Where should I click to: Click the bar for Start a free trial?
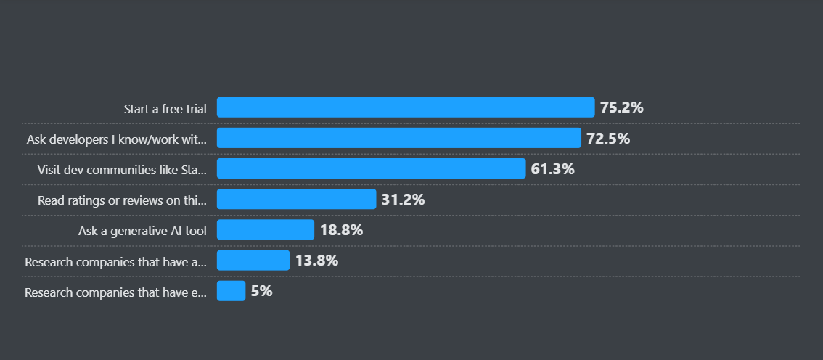point(406,107)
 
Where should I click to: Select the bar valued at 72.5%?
point(399,138)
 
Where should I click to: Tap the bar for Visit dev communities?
point(371,169)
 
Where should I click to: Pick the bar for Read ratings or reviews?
point(296,200)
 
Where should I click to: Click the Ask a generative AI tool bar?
point(266,230)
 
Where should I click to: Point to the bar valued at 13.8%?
point(253,261)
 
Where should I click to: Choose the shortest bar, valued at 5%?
point(232,291)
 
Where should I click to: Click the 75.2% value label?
point(622,107)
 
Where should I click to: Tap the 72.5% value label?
point(608,138)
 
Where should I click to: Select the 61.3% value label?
point(552,169)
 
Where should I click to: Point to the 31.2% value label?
point(403,200)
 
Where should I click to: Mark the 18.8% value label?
point(341,230)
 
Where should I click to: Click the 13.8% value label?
point(316,261)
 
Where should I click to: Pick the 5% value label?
point(261,291)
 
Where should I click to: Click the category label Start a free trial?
point(165,109)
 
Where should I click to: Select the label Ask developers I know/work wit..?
point(117,139)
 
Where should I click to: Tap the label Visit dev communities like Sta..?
point(122,170)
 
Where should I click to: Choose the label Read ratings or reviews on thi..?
point(122,200)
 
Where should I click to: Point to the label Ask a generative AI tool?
point(142,232)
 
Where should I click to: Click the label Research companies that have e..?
point(116,292)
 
